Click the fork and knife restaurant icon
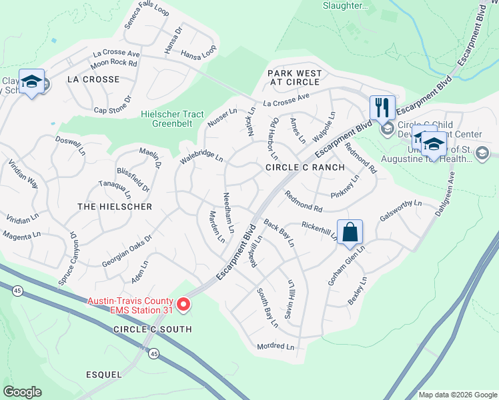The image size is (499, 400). click(382, 107)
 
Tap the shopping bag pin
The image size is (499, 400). click(350, 232)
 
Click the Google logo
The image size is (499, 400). click(22, 392)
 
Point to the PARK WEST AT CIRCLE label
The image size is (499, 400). click(295, 77)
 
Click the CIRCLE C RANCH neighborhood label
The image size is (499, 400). click(305, 167)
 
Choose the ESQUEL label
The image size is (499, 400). click(103, 374)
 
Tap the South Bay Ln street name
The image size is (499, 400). click(268, 308)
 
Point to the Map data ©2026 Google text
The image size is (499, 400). click(457, 394)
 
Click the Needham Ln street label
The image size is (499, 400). click(228, 212)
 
